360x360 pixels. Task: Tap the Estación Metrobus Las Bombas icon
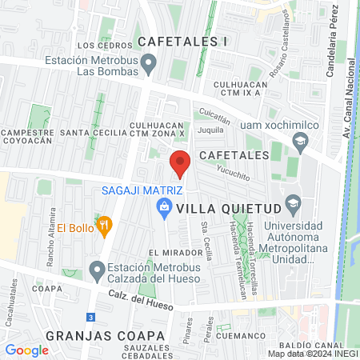coord(148,62)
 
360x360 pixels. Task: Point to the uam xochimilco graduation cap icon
coord(300,143)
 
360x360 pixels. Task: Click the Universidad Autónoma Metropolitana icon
coord(293,202)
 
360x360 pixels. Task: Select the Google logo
coord(26,350)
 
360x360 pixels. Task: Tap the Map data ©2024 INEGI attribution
coord(312,354)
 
